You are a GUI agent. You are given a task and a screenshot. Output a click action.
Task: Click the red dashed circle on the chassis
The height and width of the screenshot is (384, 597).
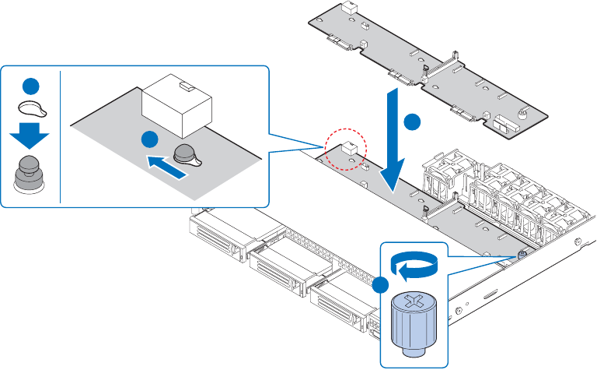click(347, 150)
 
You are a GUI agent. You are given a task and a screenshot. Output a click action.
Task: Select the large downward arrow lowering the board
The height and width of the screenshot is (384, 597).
click(395, 144)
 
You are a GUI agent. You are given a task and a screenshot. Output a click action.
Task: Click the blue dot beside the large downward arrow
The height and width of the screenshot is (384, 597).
click(414, 122)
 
